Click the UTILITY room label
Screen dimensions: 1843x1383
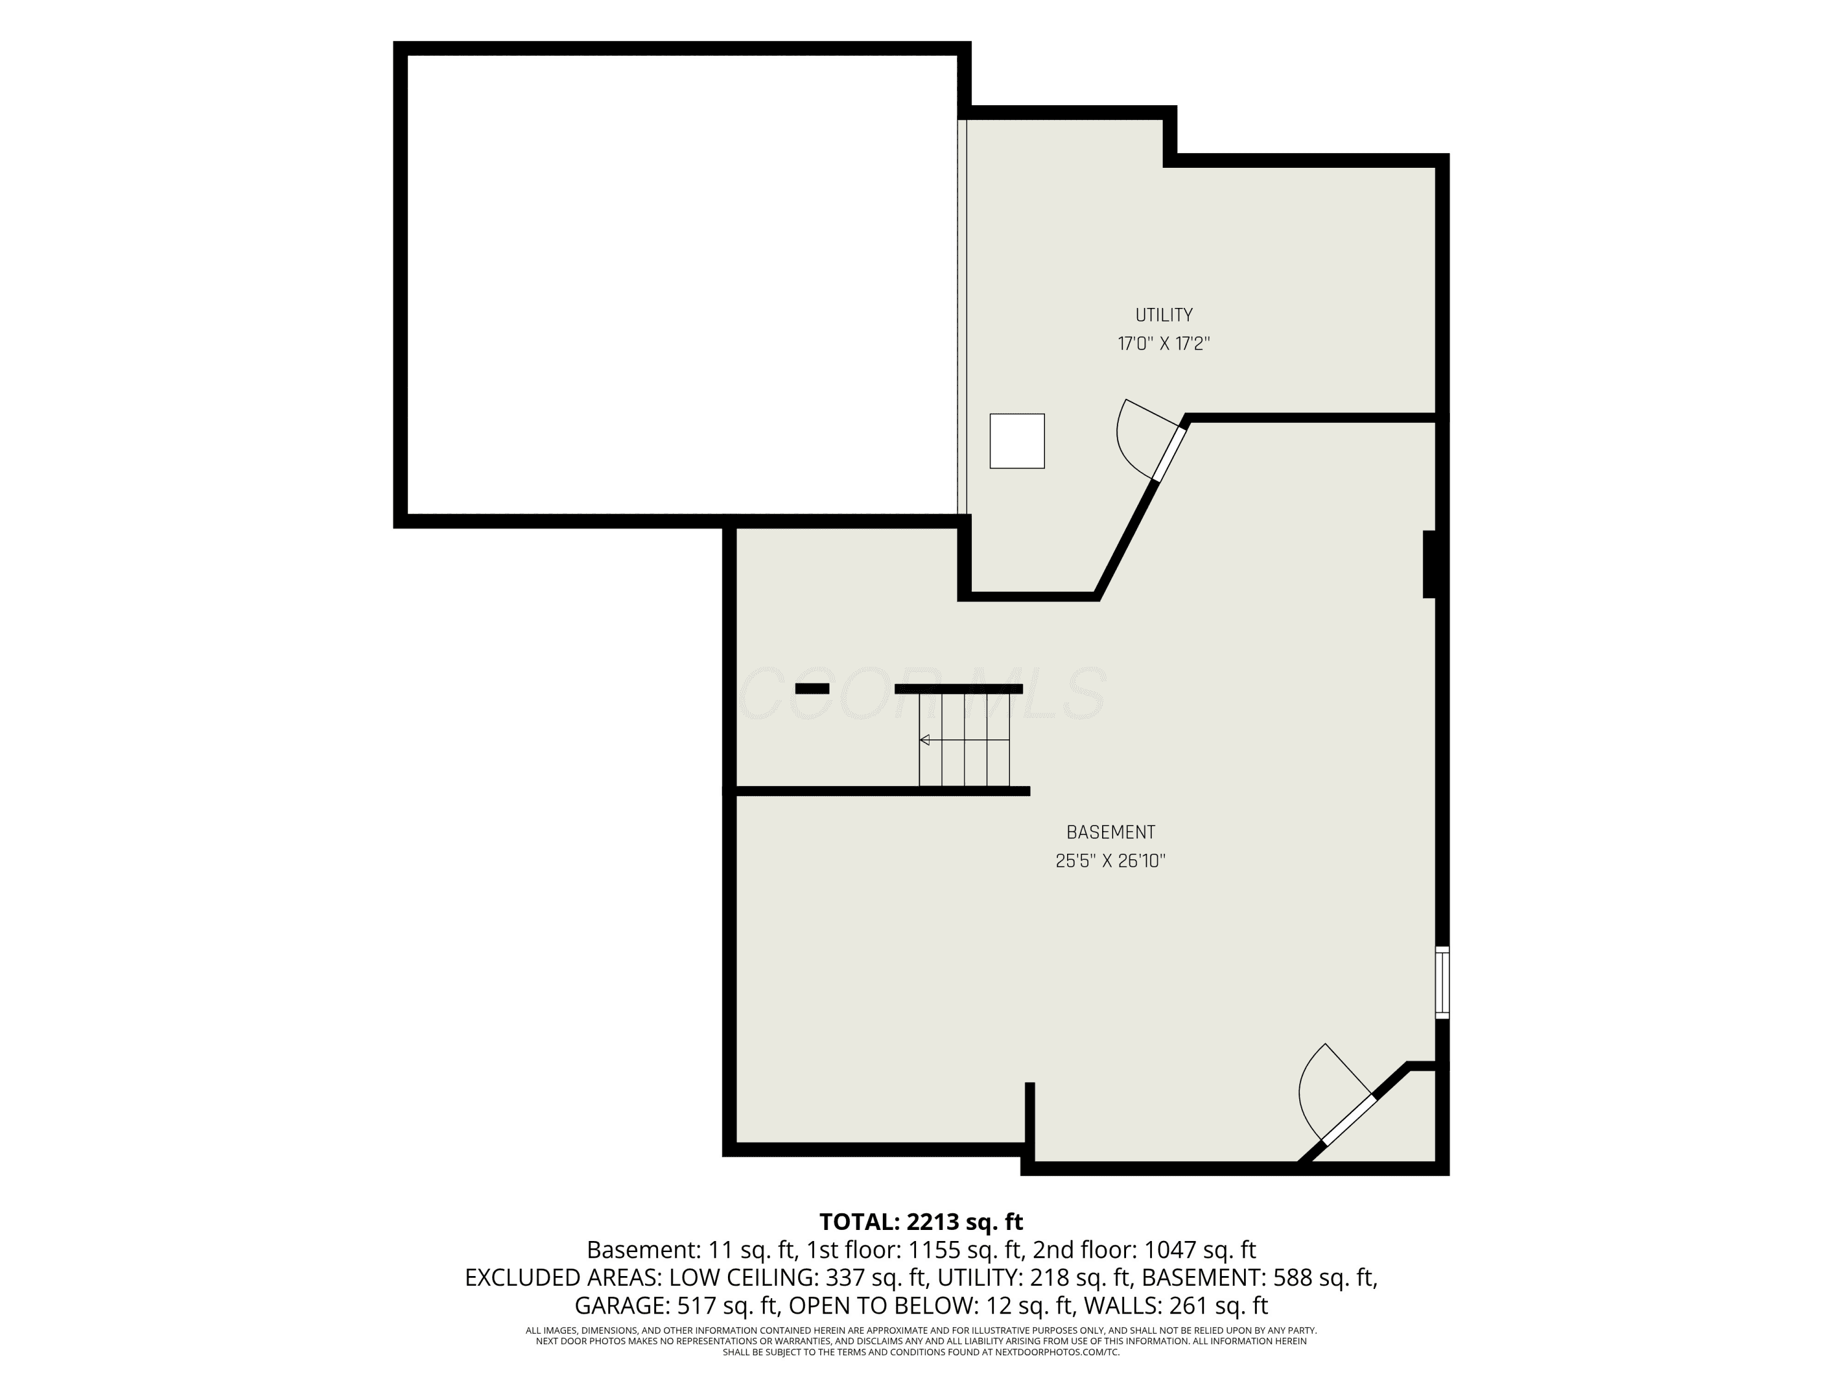[1164, 315]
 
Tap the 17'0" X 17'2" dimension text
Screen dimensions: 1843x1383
[1164, 344]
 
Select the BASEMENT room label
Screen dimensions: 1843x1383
[1111, 832]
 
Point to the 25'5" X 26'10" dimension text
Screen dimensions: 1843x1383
[1111, 861]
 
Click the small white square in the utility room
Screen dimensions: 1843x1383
[1017, 441]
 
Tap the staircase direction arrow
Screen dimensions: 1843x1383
[964, 739]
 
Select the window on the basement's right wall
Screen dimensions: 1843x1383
[1442, 982]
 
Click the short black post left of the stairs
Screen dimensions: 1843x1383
[812, 688]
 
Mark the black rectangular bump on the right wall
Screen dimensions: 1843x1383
[1430, 564]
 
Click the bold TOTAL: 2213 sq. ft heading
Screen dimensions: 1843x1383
[921, 1222]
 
